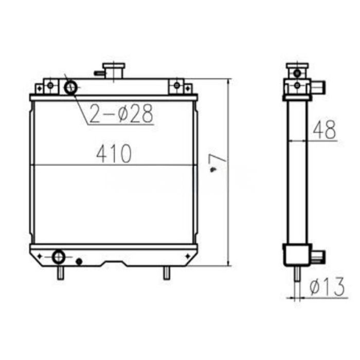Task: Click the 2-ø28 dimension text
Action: (121, 114)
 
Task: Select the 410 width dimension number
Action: (114, 153)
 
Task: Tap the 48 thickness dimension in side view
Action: (324, 130)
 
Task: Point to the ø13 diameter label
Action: (327, 289)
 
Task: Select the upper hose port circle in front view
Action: (70, 87)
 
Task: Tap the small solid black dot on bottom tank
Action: (79, 262)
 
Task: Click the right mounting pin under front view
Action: (166, 273)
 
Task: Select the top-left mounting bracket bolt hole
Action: (50, 85)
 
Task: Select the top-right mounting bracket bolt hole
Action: (177, 85)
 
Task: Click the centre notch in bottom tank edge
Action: (114, 264)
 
